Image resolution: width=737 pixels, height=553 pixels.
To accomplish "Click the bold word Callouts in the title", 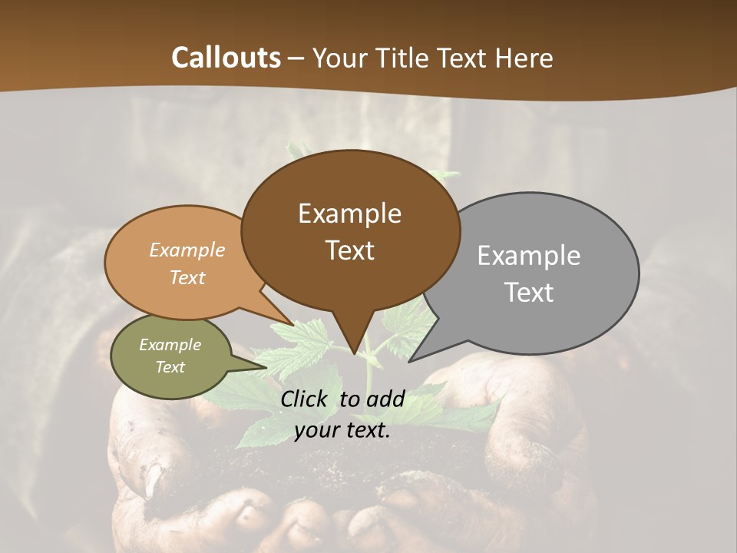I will coord(226,58).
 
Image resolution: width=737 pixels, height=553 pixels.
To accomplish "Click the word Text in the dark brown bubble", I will coord(349,250).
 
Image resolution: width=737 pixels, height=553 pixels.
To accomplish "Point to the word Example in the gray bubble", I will coord(528,255).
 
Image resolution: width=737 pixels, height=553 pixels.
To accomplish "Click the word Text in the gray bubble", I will coord(529,293).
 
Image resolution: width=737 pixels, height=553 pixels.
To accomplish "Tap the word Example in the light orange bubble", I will coord(187,250).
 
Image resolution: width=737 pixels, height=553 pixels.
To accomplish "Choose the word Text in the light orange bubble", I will coord(187,277).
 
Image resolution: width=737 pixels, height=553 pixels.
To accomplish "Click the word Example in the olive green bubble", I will coord(170,345).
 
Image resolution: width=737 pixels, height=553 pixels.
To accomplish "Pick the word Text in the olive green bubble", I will coord(170,367).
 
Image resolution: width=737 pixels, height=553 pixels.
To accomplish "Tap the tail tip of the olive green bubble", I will coord(265,367).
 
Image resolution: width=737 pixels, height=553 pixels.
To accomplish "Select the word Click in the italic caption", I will coord(306,398).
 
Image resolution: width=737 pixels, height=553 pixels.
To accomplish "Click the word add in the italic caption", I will coord(385,398).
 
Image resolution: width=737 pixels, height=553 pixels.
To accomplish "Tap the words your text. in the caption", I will coord(342,431).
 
